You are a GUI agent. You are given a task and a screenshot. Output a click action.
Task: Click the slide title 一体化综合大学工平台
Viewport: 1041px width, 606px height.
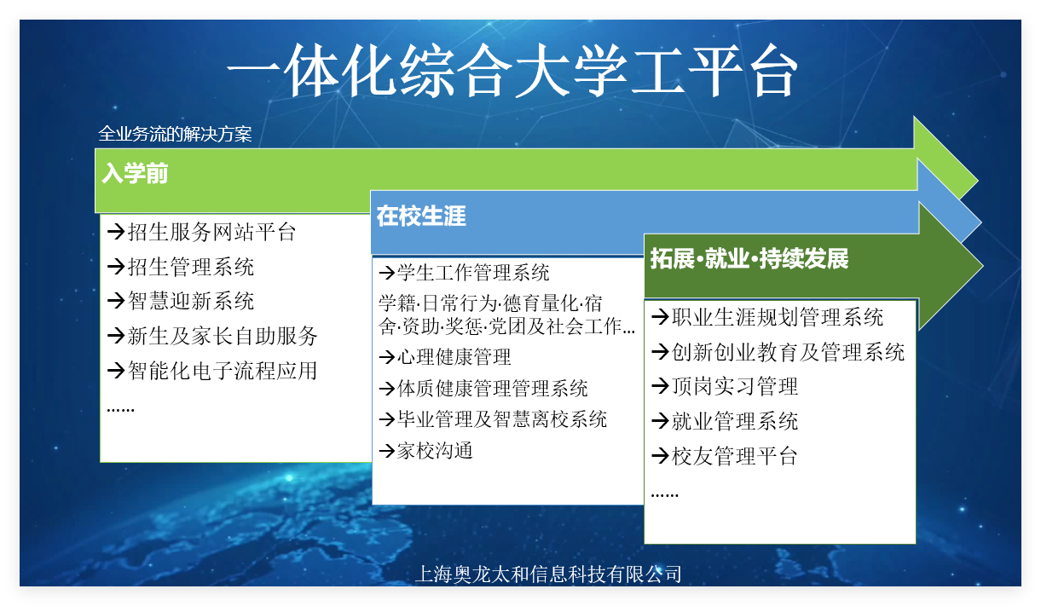tap(512, 71)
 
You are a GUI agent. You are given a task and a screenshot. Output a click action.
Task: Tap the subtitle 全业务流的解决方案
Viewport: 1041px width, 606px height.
tap(175, 134)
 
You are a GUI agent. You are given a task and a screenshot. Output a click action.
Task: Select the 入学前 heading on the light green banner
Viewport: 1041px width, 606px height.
tap(135, 173)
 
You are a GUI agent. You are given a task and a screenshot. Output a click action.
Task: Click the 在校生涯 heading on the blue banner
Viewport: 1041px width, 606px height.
tap(421, 216)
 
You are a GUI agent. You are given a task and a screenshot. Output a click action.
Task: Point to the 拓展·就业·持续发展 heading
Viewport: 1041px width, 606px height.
tap(749, 258)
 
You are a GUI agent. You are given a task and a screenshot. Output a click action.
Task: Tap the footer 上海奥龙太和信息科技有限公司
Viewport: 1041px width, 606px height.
tap(548, 574)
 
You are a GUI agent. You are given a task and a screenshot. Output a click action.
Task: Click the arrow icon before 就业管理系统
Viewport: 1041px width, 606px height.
tap(660, 421)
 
